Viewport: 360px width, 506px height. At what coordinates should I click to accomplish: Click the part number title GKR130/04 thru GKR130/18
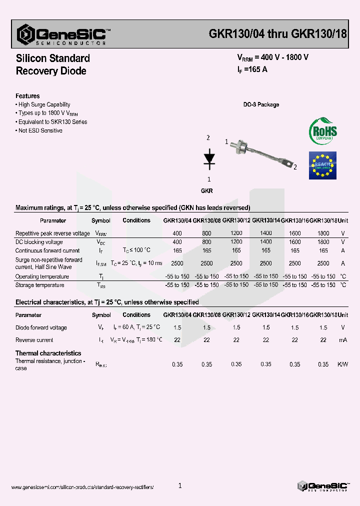click(277, 33)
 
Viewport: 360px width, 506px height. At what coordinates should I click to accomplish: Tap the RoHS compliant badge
click(322, 131)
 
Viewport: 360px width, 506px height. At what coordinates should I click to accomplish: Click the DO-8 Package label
click(261, 104)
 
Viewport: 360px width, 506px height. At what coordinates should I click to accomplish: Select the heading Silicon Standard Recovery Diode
click(52, 64)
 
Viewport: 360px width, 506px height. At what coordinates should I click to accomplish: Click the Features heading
click(27, 95)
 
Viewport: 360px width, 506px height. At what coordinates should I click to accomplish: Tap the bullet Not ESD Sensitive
click(40, 130)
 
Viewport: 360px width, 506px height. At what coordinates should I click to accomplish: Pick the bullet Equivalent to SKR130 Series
click(52, 121)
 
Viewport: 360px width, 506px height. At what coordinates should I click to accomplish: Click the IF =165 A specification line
click(252, 69)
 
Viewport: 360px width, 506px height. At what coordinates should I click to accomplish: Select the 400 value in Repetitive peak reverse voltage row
click(177, 233)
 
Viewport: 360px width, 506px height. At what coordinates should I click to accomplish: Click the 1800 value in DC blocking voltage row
click(323, 242)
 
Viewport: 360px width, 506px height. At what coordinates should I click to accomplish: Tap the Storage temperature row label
click(39, 285)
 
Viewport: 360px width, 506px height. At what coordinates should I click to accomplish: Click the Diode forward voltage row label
click(41, 327)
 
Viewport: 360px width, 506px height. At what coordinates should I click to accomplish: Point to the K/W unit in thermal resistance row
click(342, 364)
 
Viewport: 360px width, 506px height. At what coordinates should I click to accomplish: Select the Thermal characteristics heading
click(48, 353)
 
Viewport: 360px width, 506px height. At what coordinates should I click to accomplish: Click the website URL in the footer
click(82, 487)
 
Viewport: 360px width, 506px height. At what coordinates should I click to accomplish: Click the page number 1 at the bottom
click(180, 485)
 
